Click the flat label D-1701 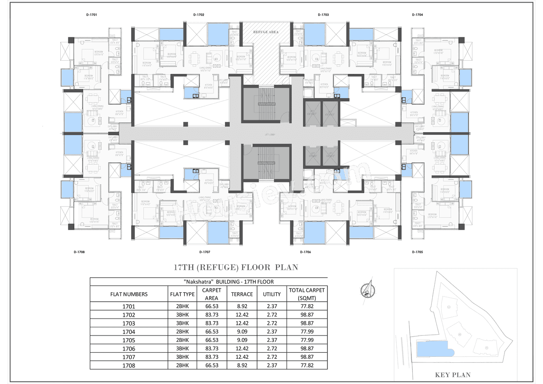pyautogui.click(x=91, y=15)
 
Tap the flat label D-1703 pyautogui.click(x=323, y=15)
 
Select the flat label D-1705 pyautogui.click(x=417, y=252)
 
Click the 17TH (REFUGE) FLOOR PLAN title pyautogui.click(x=236, y=268)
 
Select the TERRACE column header pyautogui.click(x=242, y=294)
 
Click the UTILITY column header pyautogui.click(x=272, y=294)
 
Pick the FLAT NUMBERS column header pyautogui.click(x=129, y=294)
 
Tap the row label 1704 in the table pyautogui.click(x=129, y=332)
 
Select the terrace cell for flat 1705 pyautogui.click(x=242, y=340)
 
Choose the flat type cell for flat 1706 pyautogui.click(x=182, y=349)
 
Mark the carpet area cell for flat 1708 pyautogui.click(x=211, y=365)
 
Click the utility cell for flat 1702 pyautogui.click(x=272, y=315)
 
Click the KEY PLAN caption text pyautogui.click(x=453, y=375)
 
